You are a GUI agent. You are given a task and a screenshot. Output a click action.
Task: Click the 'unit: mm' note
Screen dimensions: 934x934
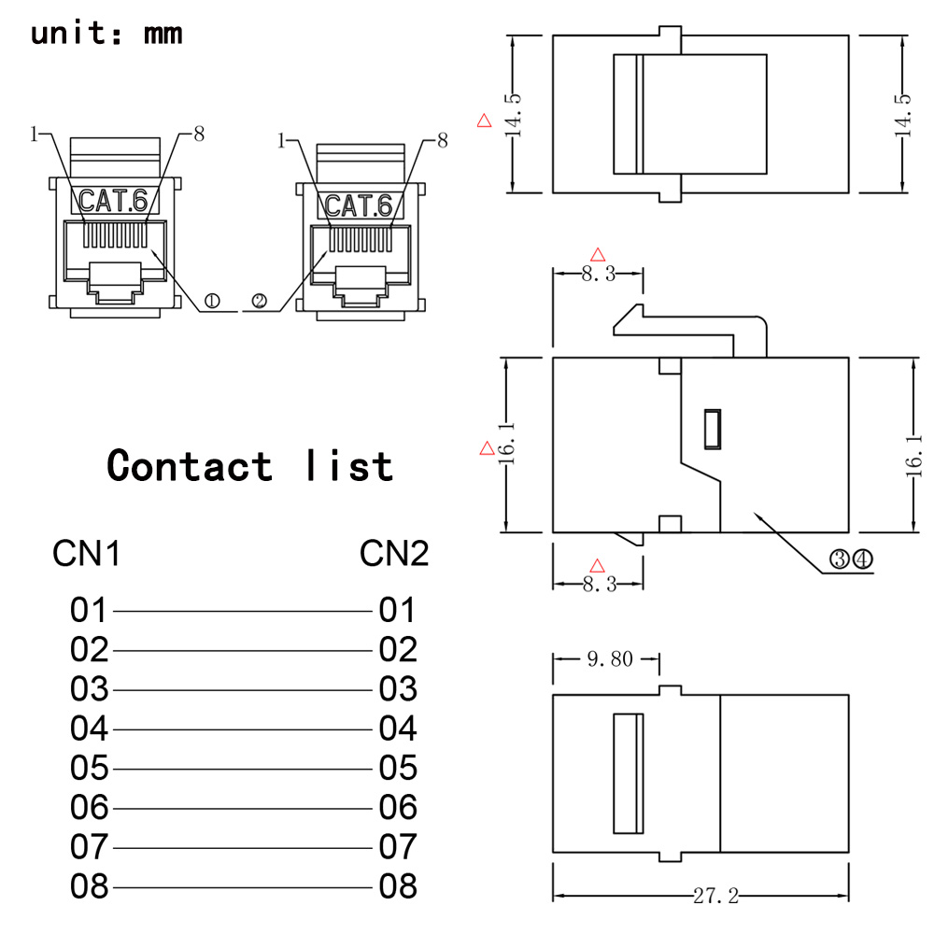(106, 34)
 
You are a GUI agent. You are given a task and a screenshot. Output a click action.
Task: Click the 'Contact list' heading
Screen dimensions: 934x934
(249, 464)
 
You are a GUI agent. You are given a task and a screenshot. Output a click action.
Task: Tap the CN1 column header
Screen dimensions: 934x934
(86, 554)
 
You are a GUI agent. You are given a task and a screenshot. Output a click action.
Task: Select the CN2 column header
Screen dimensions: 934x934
(394, 554)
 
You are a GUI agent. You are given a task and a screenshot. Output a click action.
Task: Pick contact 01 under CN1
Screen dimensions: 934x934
(90, 611)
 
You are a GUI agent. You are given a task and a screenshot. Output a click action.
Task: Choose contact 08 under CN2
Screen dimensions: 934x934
(398, 885)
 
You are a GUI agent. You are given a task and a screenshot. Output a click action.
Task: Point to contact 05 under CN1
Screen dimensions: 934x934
(90, 768)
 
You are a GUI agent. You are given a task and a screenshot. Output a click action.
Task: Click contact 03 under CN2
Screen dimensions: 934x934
(398, 689)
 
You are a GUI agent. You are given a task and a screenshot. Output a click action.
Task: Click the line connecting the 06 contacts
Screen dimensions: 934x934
(243, 808)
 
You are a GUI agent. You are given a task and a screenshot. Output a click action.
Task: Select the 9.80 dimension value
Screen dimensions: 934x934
(610, 659)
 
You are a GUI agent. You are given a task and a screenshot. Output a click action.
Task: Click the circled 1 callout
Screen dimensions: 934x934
(211, 301)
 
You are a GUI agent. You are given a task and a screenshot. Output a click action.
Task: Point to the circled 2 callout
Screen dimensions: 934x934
(260, 301)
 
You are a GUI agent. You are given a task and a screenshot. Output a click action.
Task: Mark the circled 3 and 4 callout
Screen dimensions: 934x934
(850, 559)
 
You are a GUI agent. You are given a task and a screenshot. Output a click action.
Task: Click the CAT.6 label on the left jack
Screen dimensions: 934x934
(113, 199)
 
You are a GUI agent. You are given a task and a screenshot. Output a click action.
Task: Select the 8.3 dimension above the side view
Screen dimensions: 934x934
(599, 274)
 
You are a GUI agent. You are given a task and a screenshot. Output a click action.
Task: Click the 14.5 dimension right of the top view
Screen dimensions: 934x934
(902, 115)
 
